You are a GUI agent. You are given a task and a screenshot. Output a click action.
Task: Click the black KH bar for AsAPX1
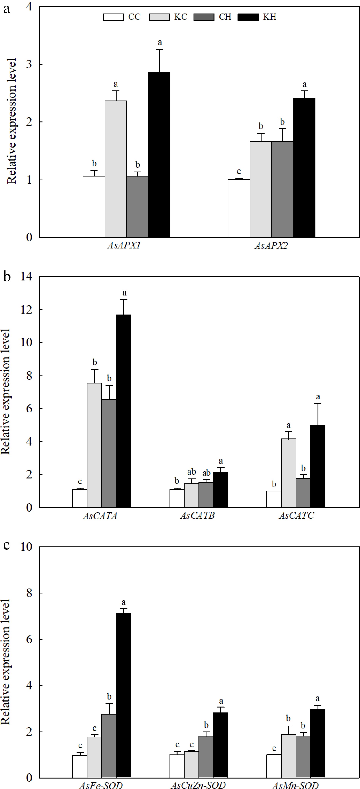[x=159, y=155]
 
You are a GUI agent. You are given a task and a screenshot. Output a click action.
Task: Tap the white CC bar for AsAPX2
[x=239, y=208]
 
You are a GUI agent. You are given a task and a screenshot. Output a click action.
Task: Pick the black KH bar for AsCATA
[x=123, y=411]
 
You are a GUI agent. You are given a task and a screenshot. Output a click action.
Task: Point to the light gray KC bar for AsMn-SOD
[x=288, y=756]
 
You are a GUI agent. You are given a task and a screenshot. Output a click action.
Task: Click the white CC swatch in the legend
[x=113, y=17]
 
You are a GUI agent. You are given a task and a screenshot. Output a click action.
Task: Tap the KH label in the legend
[x=270, y=17]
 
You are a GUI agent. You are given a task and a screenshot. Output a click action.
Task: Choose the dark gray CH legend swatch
[x=204, y=17]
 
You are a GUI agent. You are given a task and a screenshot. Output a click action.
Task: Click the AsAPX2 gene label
[x=271, y=246]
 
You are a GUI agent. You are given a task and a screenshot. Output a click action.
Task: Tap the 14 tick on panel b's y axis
[x=26, y=277]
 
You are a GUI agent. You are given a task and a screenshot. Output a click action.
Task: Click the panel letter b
[x=7, y=277]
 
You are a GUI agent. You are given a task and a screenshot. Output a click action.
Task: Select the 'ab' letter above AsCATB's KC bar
[x=191, y=472]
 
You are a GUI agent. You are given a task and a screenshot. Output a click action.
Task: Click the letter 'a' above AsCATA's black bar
[x=124, y=293]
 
